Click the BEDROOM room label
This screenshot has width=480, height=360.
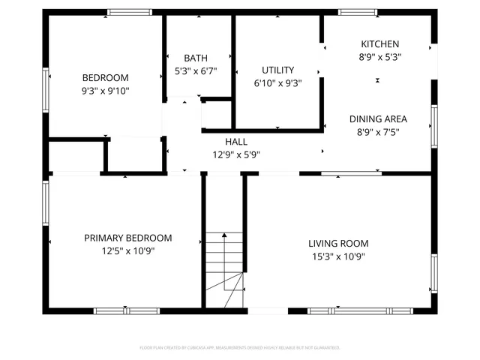click(105, 77)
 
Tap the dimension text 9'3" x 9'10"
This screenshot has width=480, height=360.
click(105, 91)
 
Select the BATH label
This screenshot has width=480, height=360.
click(196, 58)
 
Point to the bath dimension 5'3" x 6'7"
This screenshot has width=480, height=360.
click(196, 72)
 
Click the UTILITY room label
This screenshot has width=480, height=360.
click(277, 70)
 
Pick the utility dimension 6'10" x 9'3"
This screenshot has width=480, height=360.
click(277, 84)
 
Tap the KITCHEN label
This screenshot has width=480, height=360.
click(379, 44)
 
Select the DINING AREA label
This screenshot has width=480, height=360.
click(378, 118)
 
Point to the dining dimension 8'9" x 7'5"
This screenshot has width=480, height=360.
click(378, 133)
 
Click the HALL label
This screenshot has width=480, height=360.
click(235, 141)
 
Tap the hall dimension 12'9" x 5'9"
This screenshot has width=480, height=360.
click(235, 155)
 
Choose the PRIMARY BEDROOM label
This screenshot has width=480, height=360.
click(127, 238)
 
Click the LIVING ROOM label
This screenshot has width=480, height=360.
click(338, 243)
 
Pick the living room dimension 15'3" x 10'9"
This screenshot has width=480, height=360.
click(338, 257)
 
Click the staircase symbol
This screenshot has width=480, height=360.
click(226, 262)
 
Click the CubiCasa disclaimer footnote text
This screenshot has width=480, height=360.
click(240, 347)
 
